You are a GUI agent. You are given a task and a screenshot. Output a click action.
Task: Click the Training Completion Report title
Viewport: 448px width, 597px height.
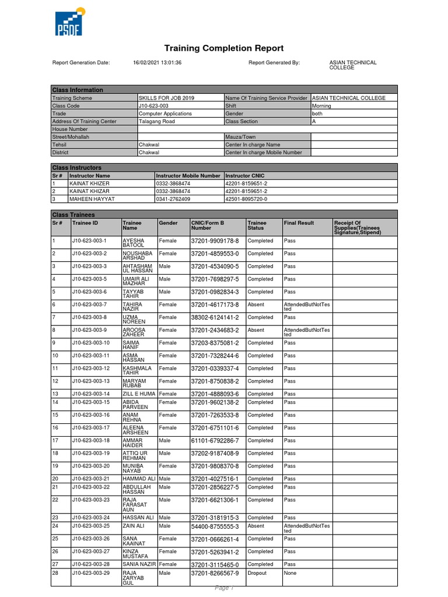[x=224, y=48]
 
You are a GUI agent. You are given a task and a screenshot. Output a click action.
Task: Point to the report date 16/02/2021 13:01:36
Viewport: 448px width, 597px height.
[x=157, y=63]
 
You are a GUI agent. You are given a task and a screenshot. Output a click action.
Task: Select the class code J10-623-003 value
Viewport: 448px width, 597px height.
[x=153, y=106]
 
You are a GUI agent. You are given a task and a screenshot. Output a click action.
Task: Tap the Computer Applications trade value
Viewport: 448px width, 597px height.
[x=166, y=114]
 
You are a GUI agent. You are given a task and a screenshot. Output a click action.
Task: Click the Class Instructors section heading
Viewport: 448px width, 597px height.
[x=77, y=167]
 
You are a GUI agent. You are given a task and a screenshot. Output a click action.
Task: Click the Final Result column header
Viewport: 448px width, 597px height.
[x=299, y=223]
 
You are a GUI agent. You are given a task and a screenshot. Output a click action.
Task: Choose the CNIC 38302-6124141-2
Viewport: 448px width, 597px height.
[x=215, y=318]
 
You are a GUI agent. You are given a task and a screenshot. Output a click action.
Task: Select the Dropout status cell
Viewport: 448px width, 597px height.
[x=257, y=573]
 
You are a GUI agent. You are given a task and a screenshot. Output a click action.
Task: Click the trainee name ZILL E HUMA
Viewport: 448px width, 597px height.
[x=139, y=394]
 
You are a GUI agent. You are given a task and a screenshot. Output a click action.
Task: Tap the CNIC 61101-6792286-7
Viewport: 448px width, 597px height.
[x=215, y=441]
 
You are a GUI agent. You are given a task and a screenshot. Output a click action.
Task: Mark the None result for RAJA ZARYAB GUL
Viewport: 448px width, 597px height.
[x=290, y=573]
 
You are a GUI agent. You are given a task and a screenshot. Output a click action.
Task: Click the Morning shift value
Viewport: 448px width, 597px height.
[x=322, y=106]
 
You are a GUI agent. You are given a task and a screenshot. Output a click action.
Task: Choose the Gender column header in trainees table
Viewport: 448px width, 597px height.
[x=168, y=223]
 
